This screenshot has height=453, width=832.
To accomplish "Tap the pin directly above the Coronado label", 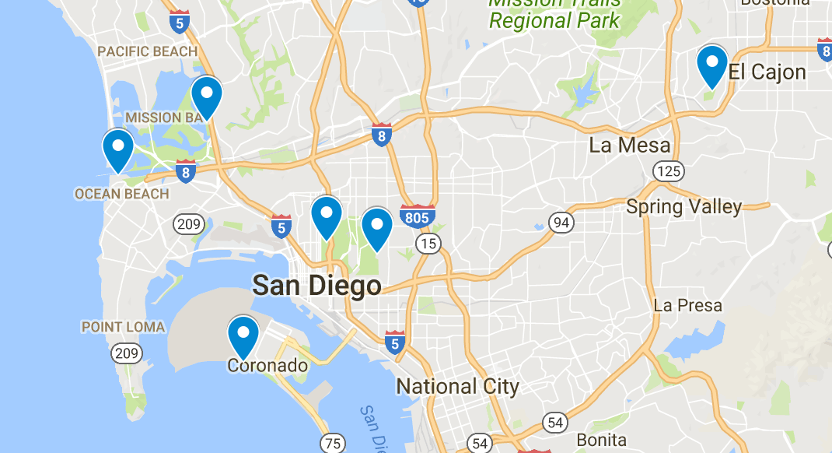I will click(243, 335).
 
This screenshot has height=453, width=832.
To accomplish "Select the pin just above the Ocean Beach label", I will click(118, 148).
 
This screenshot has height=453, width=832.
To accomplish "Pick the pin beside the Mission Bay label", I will click(207, 95).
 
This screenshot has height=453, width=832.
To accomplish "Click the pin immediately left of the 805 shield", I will click(377, 227).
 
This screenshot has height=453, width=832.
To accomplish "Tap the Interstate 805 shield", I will click(418, 216).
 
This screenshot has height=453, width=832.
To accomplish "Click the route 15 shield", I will click(428, 244).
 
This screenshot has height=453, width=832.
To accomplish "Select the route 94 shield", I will click(561, 223).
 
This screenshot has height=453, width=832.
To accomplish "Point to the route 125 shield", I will click(668, 170).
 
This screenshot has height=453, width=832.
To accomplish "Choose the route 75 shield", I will click(333, 444).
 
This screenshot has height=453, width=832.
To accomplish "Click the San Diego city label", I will click(316, 286).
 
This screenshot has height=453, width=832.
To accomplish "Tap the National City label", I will click(457, 386).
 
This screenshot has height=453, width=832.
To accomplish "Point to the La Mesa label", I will click(629, 145).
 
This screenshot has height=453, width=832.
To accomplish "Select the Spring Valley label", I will click(683, 206).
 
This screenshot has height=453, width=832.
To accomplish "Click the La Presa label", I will click(687, 305).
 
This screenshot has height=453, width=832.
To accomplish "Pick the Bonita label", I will click(601, 441).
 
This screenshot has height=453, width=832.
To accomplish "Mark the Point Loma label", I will click(123, 327).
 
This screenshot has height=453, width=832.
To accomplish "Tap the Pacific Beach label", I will click(147, 51).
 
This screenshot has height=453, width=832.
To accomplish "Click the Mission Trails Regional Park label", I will click(554, 12).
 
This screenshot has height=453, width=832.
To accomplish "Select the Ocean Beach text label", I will click(121, 194).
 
